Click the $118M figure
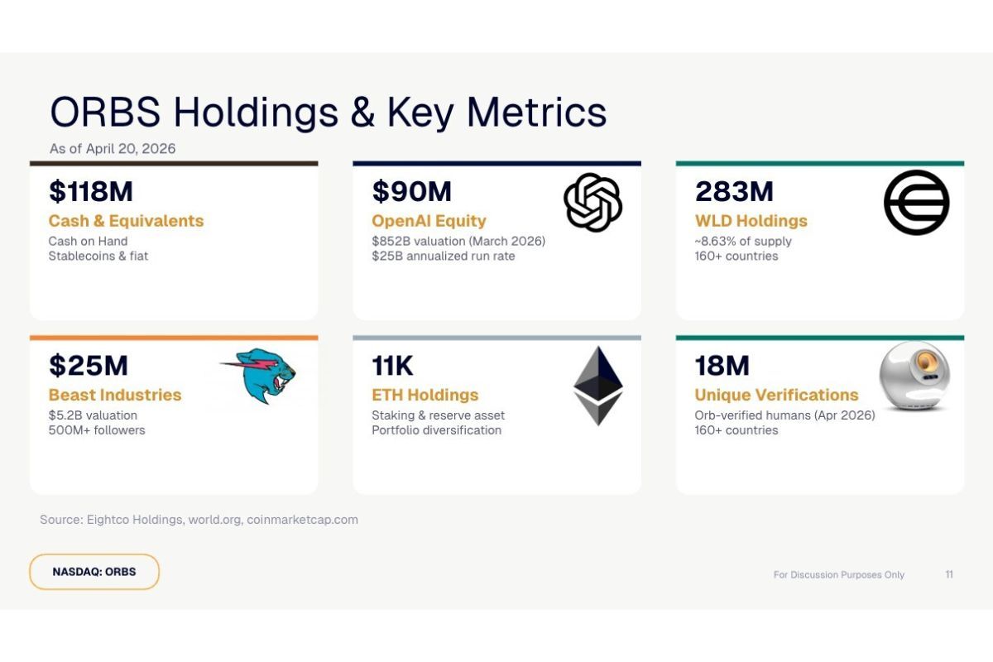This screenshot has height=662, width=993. point(90,192)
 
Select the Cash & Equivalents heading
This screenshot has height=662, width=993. point(126,221)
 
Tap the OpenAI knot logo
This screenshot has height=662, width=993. point(592,202)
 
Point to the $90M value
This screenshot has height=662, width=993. point(411,192)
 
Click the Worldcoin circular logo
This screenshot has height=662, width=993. point(916,203)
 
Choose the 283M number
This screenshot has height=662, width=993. point(734,192)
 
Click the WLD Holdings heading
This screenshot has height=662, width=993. point(751,221)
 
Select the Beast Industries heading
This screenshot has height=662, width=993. point(114,395)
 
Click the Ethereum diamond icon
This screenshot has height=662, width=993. point(597,386)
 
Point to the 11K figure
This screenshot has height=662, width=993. point(392,366)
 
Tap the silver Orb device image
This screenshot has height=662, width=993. point(914,377)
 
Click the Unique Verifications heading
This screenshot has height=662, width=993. point(776,395)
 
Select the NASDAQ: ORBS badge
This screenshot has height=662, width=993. point(94,572)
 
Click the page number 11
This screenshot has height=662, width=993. point(949,574)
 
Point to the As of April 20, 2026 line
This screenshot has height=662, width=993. point(113,149)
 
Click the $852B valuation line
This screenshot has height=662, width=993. point(458,242)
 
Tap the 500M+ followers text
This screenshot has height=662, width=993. point(97,430)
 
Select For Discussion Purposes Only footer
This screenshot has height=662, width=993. point(838,575)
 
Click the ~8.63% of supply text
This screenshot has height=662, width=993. point(743,242)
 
